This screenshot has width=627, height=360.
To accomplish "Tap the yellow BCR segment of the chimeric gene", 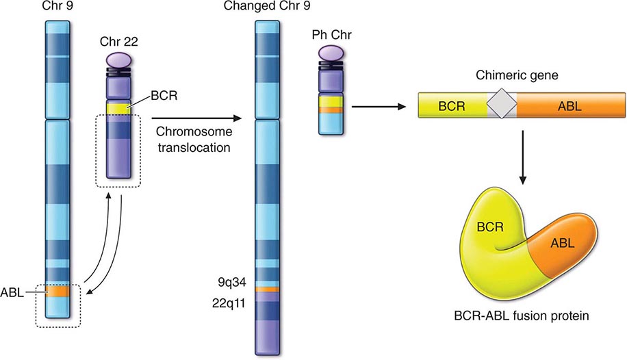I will pos(454,106).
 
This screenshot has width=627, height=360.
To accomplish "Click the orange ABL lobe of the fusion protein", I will pos(561,244).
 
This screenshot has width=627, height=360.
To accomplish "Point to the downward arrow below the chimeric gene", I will pos(523,157).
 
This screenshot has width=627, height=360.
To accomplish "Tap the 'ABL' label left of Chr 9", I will pos(17,292).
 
